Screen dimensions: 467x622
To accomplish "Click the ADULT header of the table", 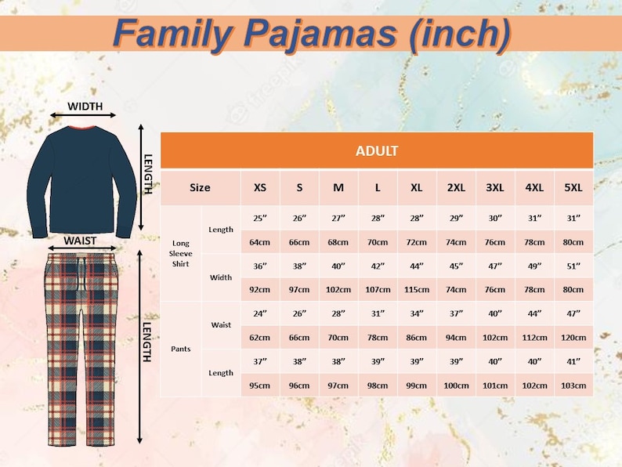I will click(x=377, y=151).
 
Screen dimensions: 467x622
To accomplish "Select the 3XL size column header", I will click(x=495, y=188).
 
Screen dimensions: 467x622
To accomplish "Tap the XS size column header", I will click(x=259, y=188).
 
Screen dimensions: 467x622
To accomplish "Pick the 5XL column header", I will click(x=573, y=188).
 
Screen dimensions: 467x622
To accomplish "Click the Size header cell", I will click(x=200, y=188).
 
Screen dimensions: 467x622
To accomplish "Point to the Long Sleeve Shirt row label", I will click(x=181, y=253).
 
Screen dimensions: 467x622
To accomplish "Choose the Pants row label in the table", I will click(x=181, y=349).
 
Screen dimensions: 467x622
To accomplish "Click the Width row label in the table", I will click(x=221, y=277).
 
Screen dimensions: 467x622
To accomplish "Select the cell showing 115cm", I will click(x=417, y=289).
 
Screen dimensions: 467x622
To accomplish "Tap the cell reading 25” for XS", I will click(x=259, y=217).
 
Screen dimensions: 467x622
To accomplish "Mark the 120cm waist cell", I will click(x=573, y=338).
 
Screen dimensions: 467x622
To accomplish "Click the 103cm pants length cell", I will click(x=573, y=386).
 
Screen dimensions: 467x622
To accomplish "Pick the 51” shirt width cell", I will click(x=573, y=266).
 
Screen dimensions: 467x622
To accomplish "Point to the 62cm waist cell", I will click(x=259, y=338).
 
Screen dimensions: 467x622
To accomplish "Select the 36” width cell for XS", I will click(x=259, y=266).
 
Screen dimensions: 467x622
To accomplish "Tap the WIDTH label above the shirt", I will click(x=85, y=107).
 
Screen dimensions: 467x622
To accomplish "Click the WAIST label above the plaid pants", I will click(x=80, y=241).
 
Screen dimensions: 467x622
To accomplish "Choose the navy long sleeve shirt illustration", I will click(x=81, y=179).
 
